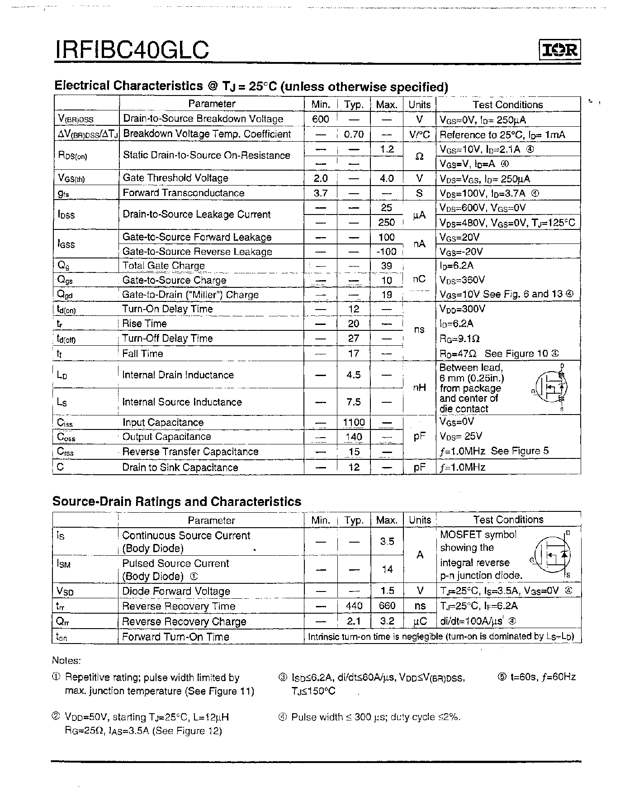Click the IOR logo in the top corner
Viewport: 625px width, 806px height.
(559, 50)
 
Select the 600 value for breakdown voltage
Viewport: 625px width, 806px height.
(320, 119)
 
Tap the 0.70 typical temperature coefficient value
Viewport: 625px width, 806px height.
(354, 134)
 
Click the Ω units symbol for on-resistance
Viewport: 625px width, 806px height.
(419, 156)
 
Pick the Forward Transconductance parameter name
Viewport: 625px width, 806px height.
(183, 193)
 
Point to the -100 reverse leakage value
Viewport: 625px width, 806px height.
(386, 252)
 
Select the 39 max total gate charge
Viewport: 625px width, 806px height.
(386, 266)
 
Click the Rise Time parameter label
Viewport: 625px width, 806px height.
(144, 324)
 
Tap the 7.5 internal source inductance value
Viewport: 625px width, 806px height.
(354, 402)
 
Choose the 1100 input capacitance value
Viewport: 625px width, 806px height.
(354, 422)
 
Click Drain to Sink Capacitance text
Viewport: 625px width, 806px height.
(180, 467)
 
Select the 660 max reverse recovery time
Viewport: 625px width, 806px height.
(387, 606)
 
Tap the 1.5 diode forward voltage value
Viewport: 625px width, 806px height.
(387, 591)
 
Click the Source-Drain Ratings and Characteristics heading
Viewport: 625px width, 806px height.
(177, 501)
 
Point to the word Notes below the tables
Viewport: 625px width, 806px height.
(66, 661)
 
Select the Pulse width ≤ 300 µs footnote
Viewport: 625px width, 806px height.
(369, 717)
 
